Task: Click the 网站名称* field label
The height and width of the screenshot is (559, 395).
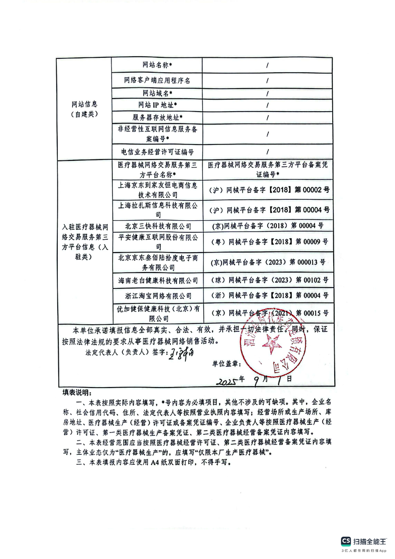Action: pos(157,65)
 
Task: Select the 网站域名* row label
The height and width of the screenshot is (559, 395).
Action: pos(157,93)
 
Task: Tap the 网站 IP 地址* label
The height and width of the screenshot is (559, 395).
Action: pos(157,105)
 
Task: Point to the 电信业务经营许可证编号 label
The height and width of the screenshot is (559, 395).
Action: pos(157,151)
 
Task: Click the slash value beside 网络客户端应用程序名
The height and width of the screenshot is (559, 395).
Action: pos(267,80)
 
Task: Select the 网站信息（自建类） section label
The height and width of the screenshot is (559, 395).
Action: pos(84,109)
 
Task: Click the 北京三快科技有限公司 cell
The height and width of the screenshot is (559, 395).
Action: pos(157,225)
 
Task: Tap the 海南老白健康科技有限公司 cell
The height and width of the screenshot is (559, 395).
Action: pos(157,280)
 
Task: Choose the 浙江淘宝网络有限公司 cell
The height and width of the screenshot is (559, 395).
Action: pos(157,296)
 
